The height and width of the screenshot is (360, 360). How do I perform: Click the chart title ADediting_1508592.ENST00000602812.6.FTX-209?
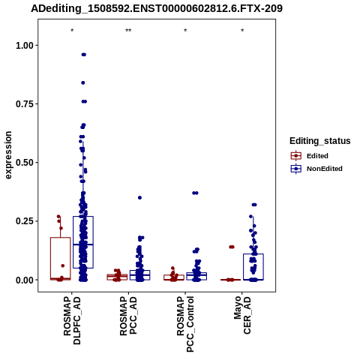click(x=157, y=9)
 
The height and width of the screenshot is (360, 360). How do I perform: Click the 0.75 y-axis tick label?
click(x=25, y=104)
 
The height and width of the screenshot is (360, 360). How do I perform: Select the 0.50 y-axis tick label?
click(x=25, y=163)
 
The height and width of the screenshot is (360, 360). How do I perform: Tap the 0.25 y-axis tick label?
click(x=25, y=221)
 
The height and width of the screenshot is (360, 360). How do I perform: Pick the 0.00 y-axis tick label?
click(x=25, y=280)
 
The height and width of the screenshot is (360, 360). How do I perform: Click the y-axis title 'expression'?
click(x=8, y=155)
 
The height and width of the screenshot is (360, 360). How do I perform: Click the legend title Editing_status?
click(x=319, y=141)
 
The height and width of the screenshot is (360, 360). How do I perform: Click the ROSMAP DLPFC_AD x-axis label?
click(x=72, y=320)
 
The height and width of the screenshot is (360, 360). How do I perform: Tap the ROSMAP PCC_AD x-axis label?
click(x=128, y=316)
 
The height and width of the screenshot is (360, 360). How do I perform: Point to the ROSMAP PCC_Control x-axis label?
click(x=185, y=324)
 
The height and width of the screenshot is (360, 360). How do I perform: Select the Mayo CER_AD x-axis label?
click(x=242, y=316)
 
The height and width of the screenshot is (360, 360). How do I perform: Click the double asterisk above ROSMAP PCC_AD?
click(x=128, y=31)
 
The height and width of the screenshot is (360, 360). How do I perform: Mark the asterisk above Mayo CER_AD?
click(x=242, y=31)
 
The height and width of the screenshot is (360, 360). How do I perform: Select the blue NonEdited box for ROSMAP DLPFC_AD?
click(x=73, y=242)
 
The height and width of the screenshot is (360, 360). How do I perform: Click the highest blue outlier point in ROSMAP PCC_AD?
click(x=139, y=198)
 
